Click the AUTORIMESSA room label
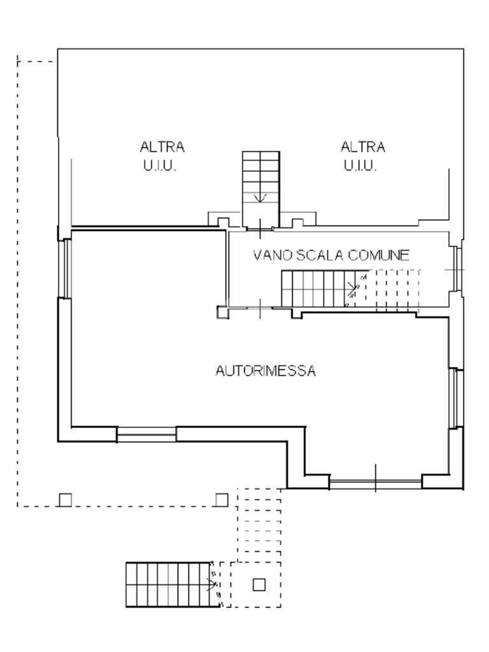click(265, 371)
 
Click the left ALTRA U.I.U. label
click(162, 157)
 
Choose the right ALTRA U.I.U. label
click(363, 157)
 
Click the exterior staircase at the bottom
click(169, 585)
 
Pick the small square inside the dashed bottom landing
click(259, 584)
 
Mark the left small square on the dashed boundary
click(65, 500)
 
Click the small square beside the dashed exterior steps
click(221, 500)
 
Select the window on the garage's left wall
click(66, 267)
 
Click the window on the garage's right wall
click(455, 398)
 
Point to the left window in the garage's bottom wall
click(146, 435)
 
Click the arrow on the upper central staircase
click(260, 198)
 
